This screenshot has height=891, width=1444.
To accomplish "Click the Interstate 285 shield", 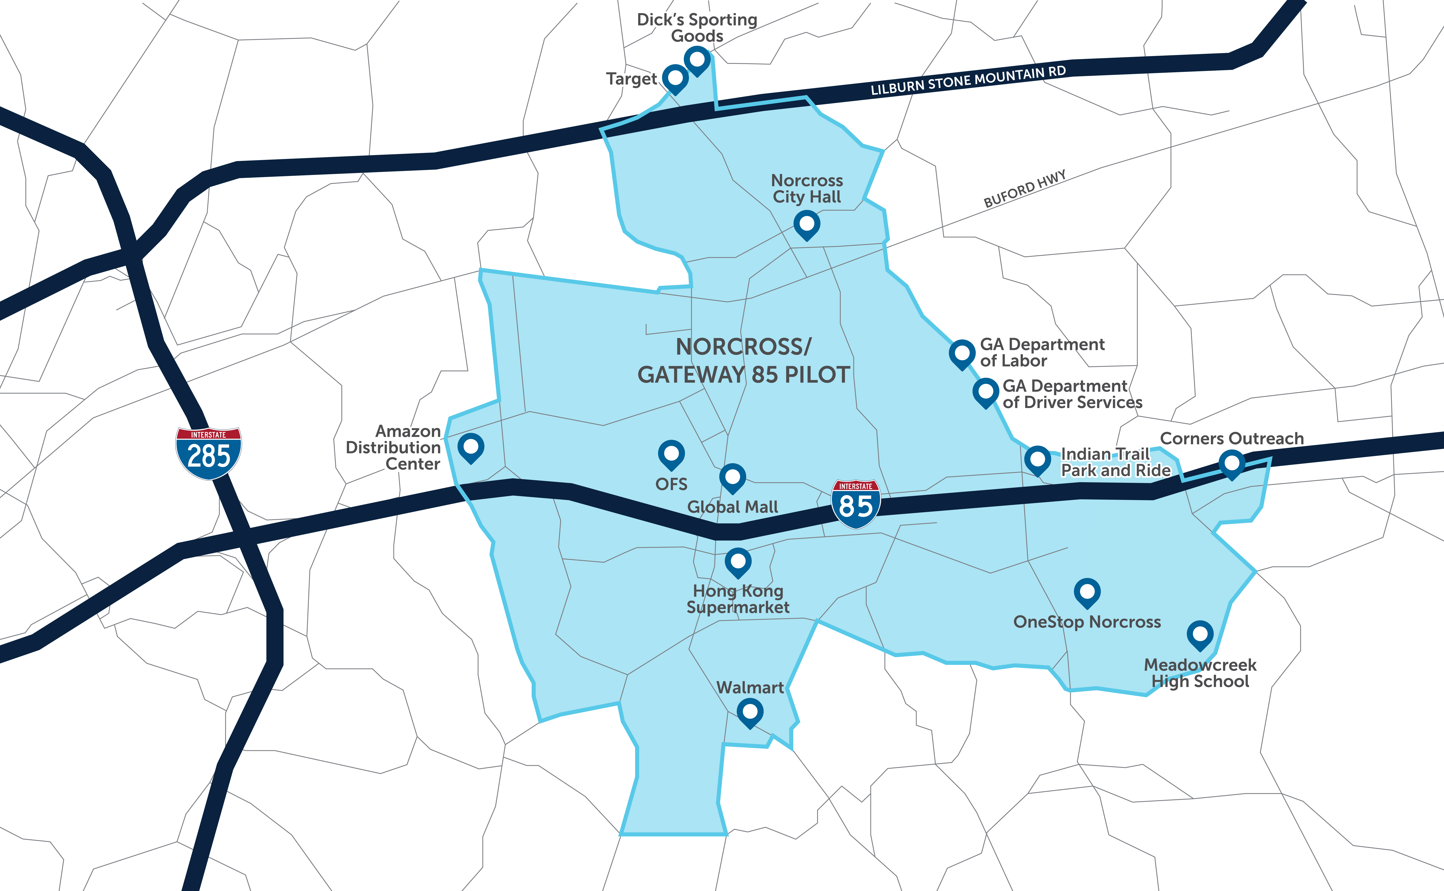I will tap(209, 453).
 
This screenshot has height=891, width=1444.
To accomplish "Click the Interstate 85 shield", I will tap(856, 504).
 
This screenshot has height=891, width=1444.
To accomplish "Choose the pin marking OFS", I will tap(671, 454).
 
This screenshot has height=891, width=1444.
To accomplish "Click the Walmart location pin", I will tap(750, 712).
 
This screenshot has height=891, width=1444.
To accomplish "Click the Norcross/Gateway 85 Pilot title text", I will tap(743, 361).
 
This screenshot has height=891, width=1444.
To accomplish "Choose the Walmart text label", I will tap(750, 688).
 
